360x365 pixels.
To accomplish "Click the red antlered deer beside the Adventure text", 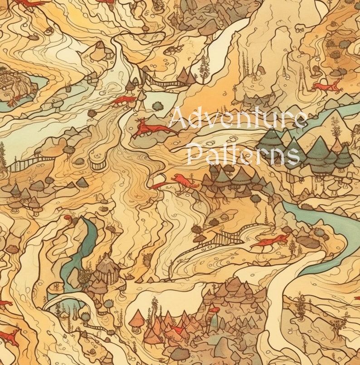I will pyautogui.click(x=151, y=129).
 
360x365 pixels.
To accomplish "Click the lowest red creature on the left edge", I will pyautogui.click(x=9, y=336).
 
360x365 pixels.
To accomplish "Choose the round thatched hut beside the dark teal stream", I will pyautogui.click(x=106, y=269).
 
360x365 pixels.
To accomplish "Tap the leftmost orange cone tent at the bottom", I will pyautogui.click(x=137, y=320).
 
